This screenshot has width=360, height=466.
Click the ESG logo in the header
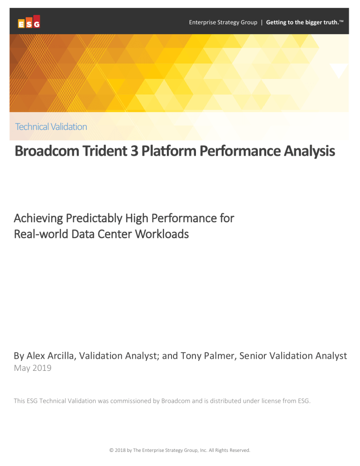coord(29,22)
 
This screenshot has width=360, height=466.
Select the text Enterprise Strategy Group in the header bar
coord(223,23)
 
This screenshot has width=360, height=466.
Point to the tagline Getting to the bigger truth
coord(304,23)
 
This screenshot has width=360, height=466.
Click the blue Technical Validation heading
coord(51,127)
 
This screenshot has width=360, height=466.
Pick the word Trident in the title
coord(105,150)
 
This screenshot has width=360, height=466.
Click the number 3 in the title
coord(135,150)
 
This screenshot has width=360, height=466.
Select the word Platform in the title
coord(169,150)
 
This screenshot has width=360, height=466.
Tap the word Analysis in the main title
coord(309,151)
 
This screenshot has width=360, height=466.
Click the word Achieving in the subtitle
coord(38,218)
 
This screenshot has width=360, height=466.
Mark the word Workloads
coord(162,234)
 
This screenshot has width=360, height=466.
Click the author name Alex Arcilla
coord(50,356)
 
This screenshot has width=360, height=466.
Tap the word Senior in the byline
coord(253,356)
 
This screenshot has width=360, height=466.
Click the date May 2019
coord(33,368)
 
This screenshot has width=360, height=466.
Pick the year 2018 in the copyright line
coord(120,450)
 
